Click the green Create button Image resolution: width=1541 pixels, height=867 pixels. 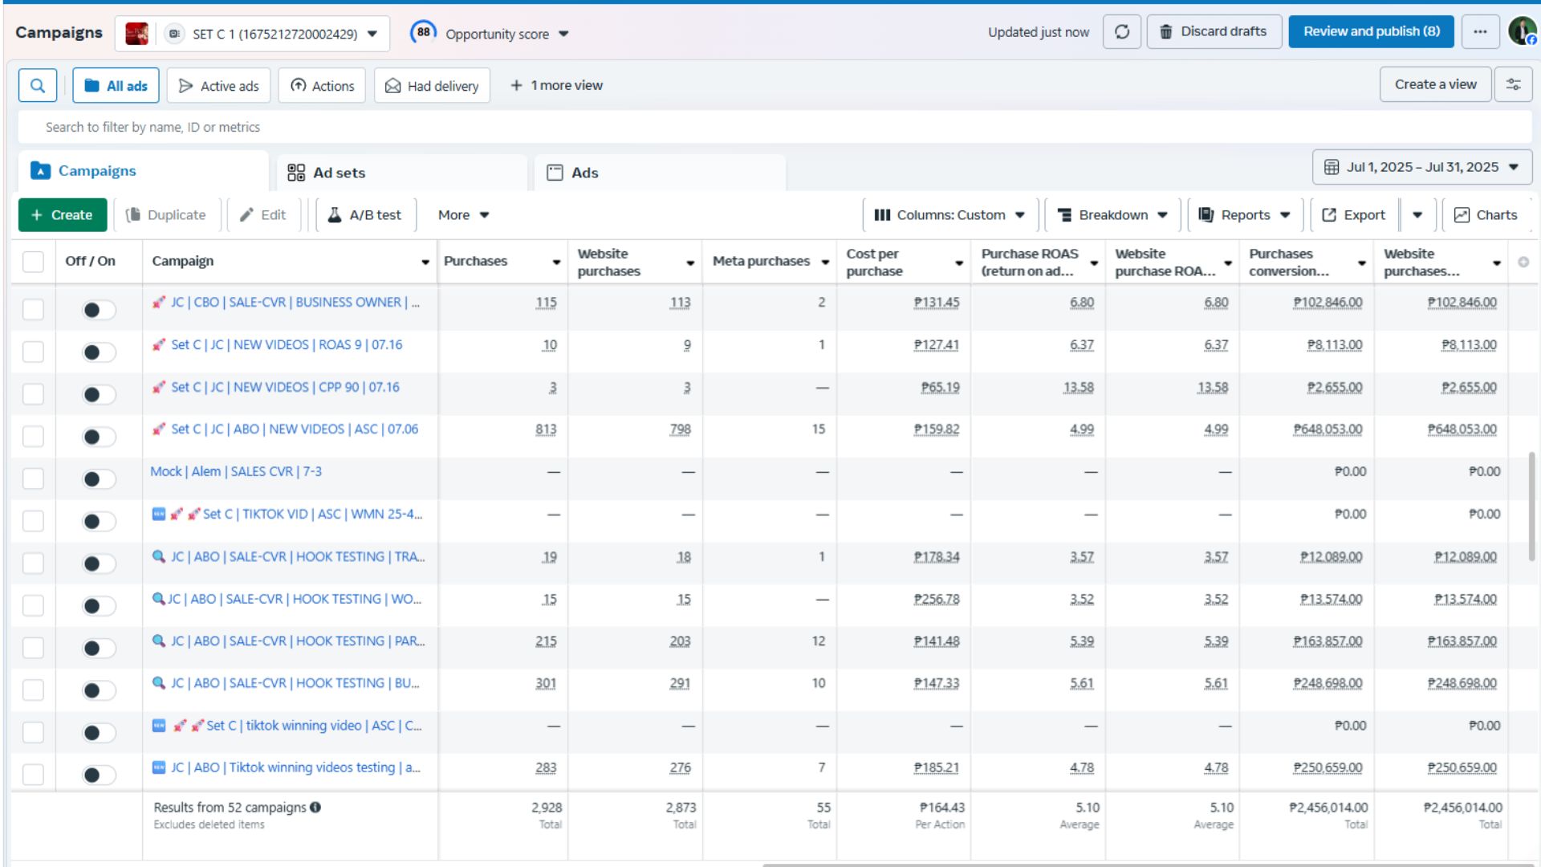point(61,215)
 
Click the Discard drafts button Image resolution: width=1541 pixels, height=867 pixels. point(1214,32)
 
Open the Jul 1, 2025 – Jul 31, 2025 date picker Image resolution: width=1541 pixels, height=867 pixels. point(1422,167)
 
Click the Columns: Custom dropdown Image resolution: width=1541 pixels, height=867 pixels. point(949,215)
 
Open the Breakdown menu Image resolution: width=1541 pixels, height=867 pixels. point(1112,215)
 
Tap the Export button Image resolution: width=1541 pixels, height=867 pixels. point(1353,215)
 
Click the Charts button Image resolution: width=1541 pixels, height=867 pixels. point(1486,215)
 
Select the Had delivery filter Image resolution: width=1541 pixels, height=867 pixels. point(432,86)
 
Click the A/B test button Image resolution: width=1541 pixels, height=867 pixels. point(365,215)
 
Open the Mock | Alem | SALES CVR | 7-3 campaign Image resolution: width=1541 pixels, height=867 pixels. point(236,471)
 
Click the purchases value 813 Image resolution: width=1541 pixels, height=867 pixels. point(546,429)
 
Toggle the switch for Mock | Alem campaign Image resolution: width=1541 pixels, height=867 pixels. point(99,479)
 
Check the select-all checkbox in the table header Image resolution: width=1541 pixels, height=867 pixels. point(33,262)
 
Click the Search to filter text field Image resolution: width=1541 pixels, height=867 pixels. point(775,127)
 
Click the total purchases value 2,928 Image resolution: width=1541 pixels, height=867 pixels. point(547,808)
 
